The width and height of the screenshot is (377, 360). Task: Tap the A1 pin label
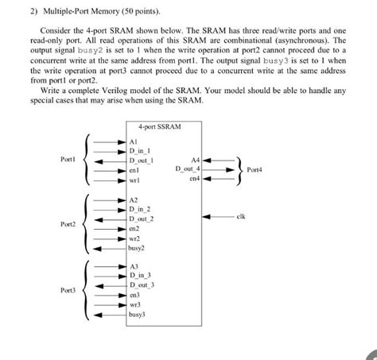(134, 138)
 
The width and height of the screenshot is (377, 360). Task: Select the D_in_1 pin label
(140, 149)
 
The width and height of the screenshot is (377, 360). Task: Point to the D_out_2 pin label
(142, 217)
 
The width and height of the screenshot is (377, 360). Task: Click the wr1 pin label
(134, 180)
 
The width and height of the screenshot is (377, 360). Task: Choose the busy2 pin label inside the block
(136, 248)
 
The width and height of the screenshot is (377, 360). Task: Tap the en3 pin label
(134, 294)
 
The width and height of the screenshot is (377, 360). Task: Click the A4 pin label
(196, 159)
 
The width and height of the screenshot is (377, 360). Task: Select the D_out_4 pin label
(188, 168)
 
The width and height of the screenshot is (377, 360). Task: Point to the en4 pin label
(195, 179)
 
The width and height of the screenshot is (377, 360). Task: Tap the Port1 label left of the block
(68, 160)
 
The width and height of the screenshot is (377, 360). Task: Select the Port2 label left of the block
(68, 225)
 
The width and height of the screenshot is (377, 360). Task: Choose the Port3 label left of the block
(68, 291)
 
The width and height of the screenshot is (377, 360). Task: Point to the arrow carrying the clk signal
(219, 215)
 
